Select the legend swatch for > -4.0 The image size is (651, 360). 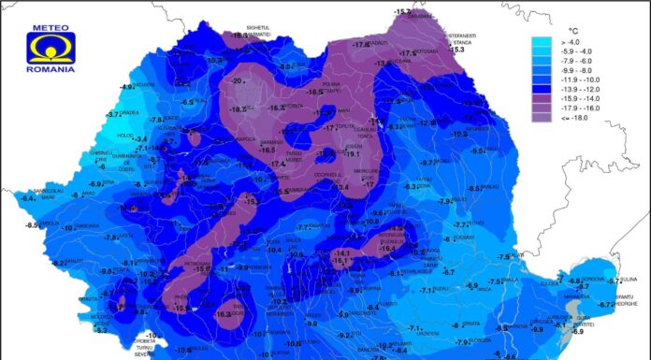(543, 42)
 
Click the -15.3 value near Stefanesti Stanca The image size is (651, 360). (456, 50)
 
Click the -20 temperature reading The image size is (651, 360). (238, 80)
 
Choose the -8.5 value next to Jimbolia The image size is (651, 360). (32, 224)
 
